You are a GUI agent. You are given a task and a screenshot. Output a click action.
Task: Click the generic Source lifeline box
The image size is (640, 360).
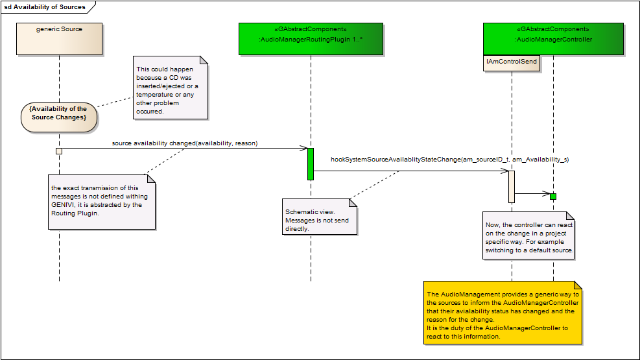59,39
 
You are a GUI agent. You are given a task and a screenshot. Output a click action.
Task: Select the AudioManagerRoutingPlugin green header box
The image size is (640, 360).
311,39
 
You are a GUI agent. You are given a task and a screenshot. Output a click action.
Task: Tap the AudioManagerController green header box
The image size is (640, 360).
553,39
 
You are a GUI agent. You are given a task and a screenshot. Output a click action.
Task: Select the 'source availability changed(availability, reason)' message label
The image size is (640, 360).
185,143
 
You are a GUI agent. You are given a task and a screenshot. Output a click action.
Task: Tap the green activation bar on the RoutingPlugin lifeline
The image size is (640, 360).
311,163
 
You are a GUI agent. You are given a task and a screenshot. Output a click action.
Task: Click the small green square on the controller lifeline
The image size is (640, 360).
553,196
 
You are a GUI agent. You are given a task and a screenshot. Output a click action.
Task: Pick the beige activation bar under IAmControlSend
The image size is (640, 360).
512,187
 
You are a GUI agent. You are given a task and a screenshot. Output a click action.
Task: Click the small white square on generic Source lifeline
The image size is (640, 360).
59,151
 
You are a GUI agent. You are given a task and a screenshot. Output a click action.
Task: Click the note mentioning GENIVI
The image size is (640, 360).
101,200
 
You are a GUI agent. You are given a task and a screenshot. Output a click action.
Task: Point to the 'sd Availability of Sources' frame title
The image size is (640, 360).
45,7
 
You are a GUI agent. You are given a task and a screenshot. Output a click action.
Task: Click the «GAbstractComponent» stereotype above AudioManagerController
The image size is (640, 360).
553,29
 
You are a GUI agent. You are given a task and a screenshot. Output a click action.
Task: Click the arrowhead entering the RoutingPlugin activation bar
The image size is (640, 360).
304,149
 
